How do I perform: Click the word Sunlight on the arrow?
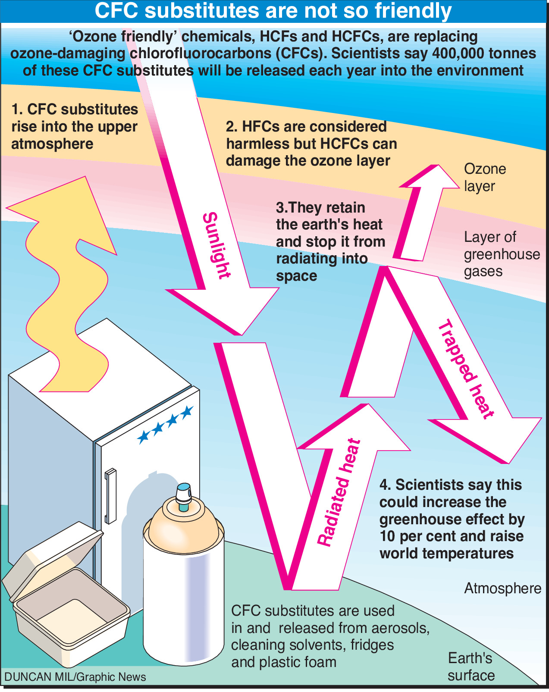click(x=216, y=245)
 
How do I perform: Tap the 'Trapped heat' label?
click(x=466, y=369)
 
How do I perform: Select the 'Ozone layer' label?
click(x=484, y=177)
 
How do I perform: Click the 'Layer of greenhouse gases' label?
click(x=501, y=254)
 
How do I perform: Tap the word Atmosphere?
click(x=502, y=589)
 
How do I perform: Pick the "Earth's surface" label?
click(x=471, y=667)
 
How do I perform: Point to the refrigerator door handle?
click(x=110, y=496)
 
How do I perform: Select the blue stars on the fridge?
click(x=165, y=424)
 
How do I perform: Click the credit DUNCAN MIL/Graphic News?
click(x=75, y=677)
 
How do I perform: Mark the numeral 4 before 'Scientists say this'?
click(x=384, y=485)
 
